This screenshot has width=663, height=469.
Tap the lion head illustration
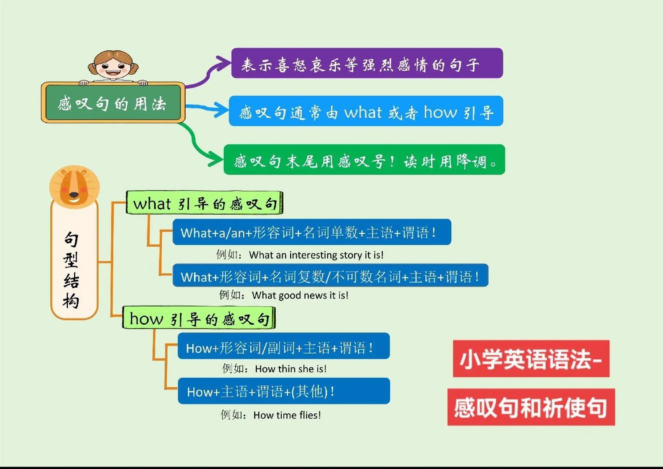[74, 187]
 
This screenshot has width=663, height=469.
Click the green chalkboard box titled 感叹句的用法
[112, 103]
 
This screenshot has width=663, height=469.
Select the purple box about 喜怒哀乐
[367, 63]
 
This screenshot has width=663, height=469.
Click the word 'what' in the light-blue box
[363, 112]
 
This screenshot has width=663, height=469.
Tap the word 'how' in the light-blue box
[440, 112]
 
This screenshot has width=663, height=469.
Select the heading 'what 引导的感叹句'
[204, 203]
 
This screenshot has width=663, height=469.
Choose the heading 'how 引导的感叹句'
[199, 318]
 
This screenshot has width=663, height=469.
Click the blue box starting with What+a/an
[312, 232]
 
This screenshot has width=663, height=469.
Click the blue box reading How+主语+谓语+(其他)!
[284, 391]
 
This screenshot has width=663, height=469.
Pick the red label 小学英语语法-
[531, 359]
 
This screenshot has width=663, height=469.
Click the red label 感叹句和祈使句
[531, 407]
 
